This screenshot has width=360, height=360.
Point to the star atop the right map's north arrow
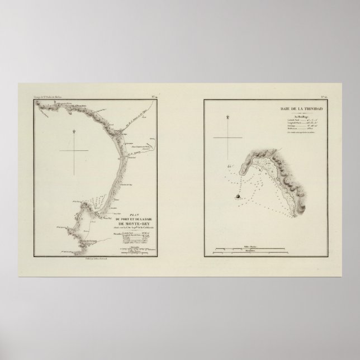229,117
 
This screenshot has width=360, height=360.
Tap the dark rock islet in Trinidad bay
238,196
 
